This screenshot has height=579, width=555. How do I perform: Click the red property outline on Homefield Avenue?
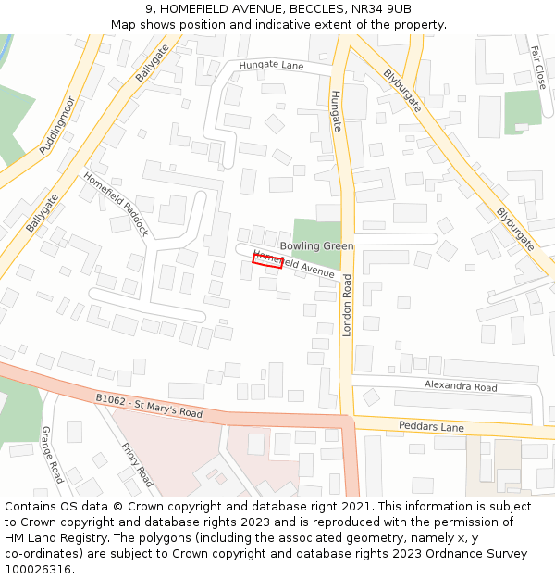(266, 260)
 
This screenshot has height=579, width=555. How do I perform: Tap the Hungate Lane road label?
(271, 66)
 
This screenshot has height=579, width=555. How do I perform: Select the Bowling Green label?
(316, 245)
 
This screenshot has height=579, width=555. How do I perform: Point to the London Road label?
(348, 305)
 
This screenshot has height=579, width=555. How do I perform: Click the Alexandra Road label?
(461, 386)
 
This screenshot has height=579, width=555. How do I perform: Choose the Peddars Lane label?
(430, 427)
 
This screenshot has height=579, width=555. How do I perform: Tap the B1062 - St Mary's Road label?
(149, 406)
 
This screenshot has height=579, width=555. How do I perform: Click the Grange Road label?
(52, 454)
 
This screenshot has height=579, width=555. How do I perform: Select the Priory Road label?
(137, 464)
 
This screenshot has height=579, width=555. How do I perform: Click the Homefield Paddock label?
(116, 204)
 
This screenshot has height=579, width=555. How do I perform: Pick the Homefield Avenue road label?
(294, 265)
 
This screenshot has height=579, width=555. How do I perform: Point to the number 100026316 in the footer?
(38, 569)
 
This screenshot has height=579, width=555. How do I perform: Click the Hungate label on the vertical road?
(336, 110)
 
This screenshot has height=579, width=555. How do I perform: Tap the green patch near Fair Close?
(522, 110)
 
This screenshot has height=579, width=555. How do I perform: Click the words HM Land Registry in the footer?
(47, 537)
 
